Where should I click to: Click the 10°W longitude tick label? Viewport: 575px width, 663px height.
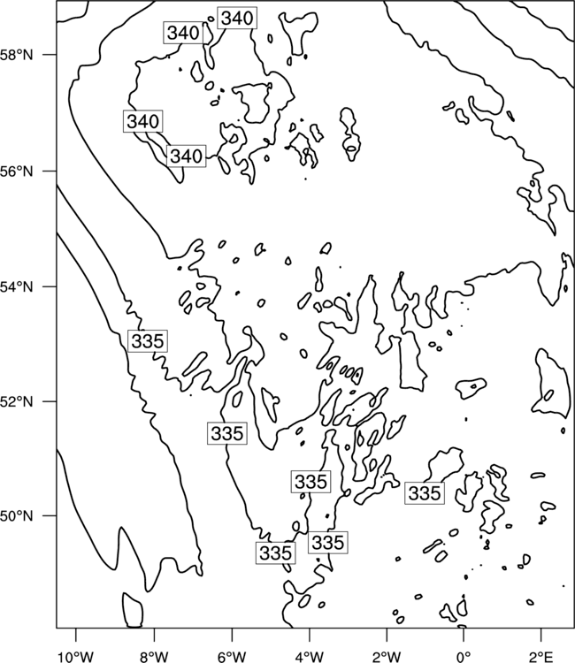click(76, 657)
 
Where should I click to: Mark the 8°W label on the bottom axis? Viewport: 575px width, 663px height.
click(154, 657)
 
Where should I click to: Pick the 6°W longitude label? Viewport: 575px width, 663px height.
click(232, 657)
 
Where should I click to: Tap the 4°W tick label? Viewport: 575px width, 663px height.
click(310, 657)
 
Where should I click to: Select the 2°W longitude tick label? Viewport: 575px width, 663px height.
click(387, 657)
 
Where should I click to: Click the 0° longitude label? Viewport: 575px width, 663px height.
click(464, 657)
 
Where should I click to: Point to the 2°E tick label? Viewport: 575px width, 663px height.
click(541, 657)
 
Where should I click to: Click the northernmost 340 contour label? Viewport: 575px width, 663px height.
click(237, 19)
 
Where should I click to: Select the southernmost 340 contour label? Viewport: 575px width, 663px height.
click(186, 156)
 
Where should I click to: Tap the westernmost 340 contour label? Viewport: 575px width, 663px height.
click(143, 121)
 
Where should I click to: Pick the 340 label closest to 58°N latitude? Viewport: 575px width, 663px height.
click(183, 33)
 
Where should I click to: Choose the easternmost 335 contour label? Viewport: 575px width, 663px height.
click(425, 493)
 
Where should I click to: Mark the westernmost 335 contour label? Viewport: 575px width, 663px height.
click(147, 341)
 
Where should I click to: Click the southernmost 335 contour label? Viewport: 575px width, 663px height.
click(275, 553)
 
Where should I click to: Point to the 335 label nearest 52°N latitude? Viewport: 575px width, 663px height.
click(227, 433)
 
